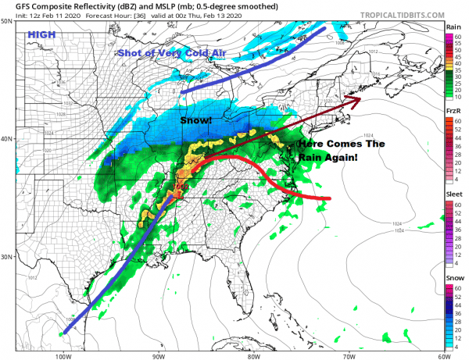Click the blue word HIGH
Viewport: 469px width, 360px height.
point(40,34)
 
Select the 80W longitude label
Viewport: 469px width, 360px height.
point(252,354)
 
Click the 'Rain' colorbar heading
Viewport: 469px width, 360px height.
point(453,27)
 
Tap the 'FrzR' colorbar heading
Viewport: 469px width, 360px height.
point(453,113)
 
